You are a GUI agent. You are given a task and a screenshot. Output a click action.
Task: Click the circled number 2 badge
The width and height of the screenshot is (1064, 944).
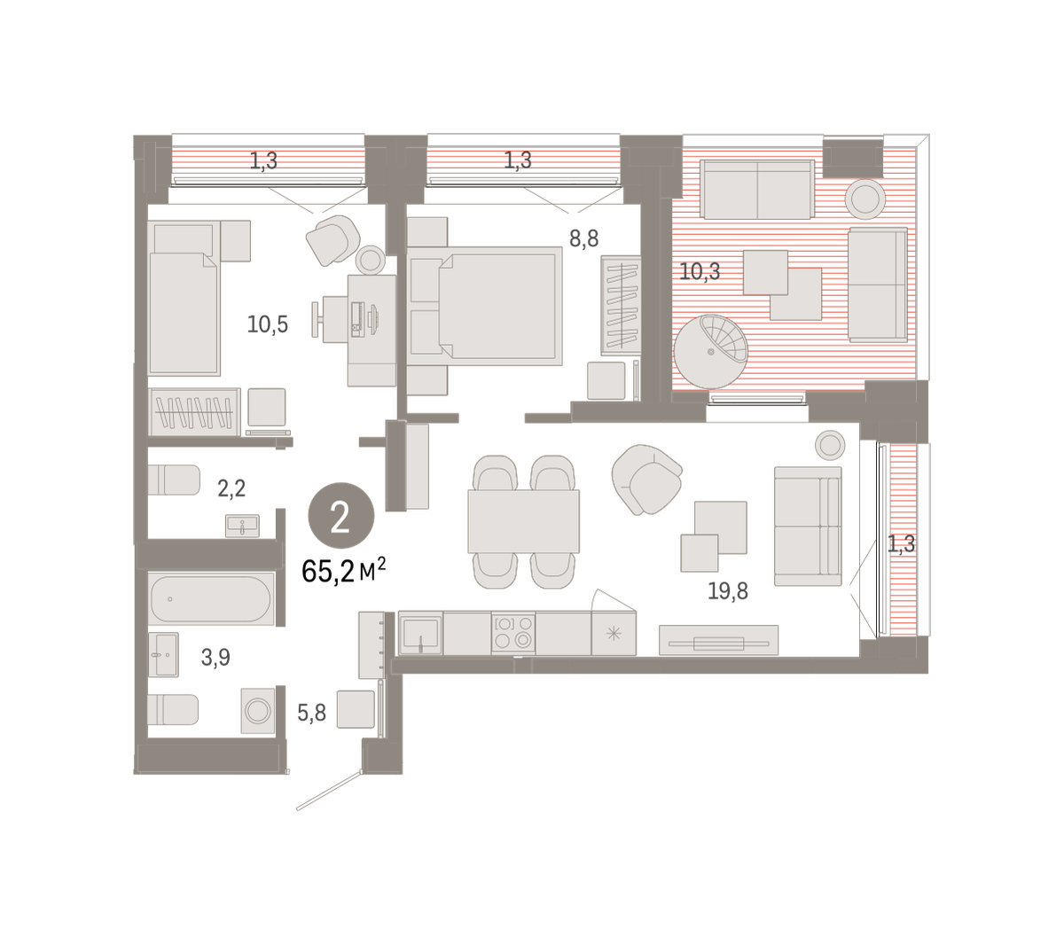(341, 516)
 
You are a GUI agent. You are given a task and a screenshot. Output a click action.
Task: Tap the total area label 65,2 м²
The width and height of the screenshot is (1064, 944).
(344, 571)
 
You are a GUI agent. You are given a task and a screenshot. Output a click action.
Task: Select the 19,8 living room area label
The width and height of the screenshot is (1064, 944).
(728, 591)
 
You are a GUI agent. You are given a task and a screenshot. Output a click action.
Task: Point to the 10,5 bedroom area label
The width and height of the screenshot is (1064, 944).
(267, 324)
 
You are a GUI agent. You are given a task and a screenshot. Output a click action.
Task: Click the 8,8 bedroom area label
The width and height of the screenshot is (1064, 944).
(584, 239)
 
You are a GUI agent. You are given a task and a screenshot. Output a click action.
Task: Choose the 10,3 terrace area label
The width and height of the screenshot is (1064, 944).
(700, 271)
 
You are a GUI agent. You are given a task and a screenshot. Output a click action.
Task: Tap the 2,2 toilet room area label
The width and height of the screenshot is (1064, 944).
(231, 488)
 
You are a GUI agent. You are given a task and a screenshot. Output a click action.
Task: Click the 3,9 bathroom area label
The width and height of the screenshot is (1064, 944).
(215, 658)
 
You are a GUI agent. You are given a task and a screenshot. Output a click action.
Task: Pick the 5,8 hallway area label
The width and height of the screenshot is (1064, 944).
(312, 713)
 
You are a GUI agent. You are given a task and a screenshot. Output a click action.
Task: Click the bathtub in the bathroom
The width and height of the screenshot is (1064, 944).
(211, 599)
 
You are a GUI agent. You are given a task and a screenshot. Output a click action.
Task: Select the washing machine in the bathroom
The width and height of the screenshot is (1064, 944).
(258, 711)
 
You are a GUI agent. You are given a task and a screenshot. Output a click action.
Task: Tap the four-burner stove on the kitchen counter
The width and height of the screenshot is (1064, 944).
(513, 633)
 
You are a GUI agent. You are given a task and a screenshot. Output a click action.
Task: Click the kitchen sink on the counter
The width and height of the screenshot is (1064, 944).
(420, 633)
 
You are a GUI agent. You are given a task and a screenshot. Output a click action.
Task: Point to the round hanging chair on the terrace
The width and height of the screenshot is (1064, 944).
(710, 352)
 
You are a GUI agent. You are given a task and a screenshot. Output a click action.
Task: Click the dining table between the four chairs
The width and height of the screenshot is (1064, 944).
(524, 521)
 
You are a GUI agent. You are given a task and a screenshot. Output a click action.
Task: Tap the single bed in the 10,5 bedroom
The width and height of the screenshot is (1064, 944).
(184, 298)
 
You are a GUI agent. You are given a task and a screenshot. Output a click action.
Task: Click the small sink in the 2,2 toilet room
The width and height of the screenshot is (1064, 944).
(242, 526)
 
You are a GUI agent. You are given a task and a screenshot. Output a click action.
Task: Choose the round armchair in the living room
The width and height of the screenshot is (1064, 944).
(647, 480)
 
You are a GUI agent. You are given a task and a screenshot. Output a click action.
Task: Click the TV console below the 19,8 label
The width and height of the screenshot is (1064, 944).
(718, 640)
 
